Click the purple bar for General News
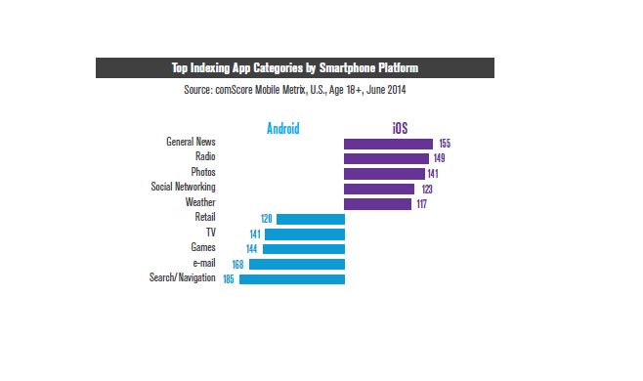(x=388, y=144)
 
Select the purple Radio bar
(x=386, y=158)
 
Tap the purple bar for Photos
(x=384, y=173)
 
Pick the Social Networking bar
(x=379, y=189)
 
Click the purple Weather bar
(x=377, y=203)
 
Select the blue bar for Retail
(x=310, y=219)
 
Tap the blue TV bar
(x=304, y=234)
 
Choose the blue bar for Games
(x=303, y=249)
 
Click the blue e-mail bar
(x=296, y=264)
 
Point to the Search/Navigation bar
(x=291, y=279)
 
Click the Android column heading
(x=283, y=128)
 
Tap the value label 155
(x=445, y=144)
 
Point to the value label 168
(x=237, y=264)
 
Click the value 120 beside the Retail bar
(x=265, y=219)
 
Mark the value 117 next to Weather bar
(x=423, y=203)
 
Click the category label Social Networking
(x=183, y=187)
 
